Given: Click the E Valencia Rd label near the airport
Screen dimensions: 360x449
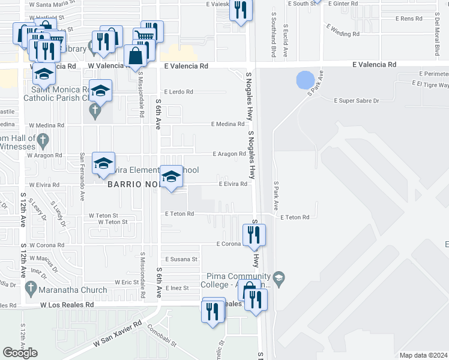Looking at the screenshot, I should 375,64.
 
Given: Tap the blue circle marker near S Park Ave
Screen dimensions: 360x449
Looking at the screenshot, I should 306,80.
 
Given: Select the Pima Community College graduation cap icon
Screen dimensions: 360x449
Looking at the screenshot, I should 279,277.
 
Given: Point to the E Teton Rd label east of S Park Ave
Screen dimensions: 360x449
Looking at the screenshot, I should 294,217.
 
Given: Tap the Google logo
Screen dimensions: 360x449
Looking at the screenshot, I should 20,353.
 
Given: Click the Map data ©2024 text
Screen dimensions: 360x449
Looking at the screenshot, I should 423,355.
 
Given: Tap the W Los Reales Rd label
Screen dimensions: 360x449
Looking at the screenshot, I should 67,305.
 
